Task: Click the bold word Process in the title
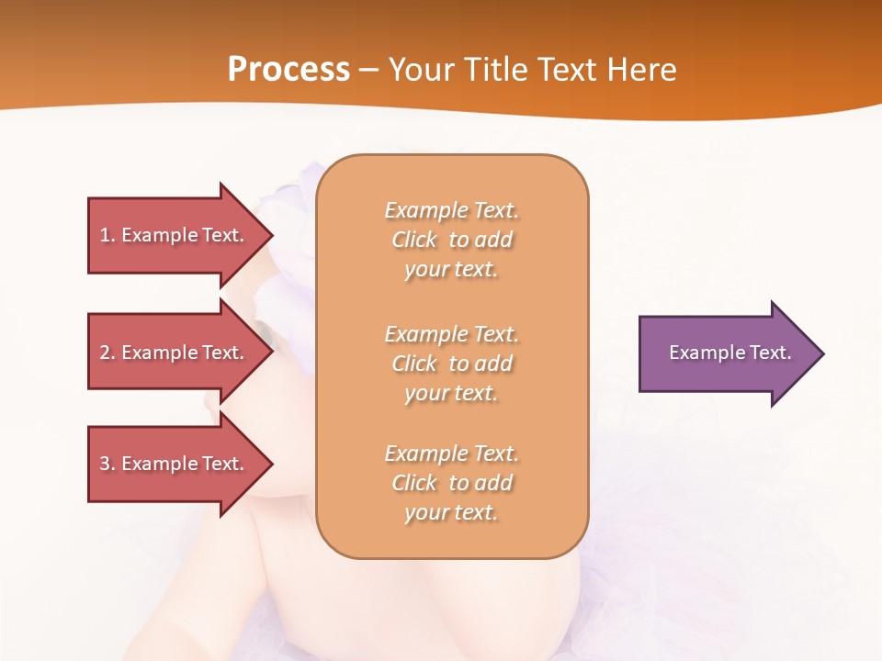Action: point(288,70)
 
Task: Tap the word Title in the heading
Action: point(496,70)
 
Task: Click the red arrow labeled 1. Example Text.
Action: point(175,235)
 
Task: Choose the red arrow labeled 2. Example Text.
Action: point(175,353)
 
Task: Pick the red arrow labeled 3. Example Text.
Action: point(175,464)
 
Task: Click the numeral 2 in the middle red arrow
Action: point(105,353)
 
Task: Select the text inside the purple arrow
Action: point(729,353)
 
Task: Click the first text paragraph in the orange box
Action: point(451,240)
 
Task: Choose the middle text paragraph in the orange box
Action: point(451,364)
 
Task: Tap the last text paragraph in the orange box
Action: point(451,483)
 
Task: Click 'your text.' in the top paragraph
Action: point(451,270)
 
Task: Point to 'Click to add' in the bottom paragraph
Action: point(451,483)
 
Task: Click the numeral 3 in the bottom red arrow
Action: point(105,464)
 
